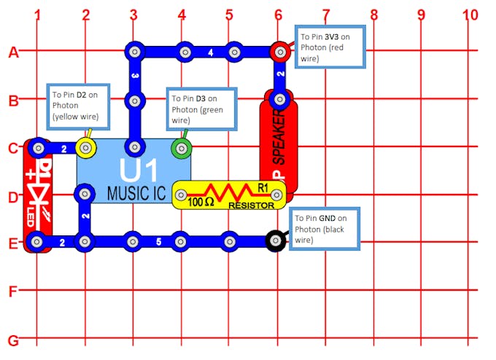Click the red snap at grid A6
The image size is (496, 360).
(279, 52)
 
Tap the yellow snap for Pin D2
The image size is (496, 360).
(87, 149)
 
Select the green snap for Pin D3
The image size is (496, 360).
(180, 149)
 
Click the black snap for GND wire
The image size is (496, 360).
(275, 240)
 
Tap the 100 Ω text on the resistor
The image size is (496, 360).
(200, 202)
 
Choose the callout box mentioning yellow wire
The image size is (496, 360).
(79, 105)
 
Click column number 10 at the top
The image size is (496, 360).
(470, 14)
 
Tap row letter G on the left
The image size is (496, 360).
(12, 340)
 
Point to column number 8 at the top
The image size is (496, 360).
(373, 14)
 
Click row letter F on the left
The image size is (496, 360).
(12, 291)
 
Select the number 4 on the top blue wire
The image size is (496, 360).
(210, 52)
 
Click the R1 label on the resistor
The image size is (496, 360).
(263, 187)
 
